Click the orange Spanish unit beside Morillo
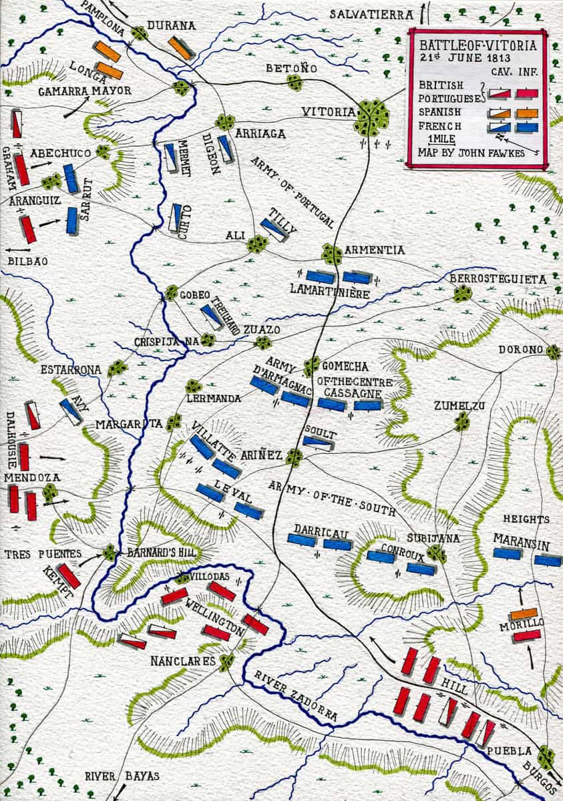pyautogui.click(x=524, y=613)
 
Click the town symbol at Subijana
pyautogui.click(x=436, y=553)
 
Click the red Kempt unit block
pyautogui.click(x=69, y=576)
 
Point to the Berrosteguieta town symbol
pyautogui.click(x=462, y=292)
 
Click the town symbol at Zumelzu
pyautogui.click(x=462, y=421)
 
